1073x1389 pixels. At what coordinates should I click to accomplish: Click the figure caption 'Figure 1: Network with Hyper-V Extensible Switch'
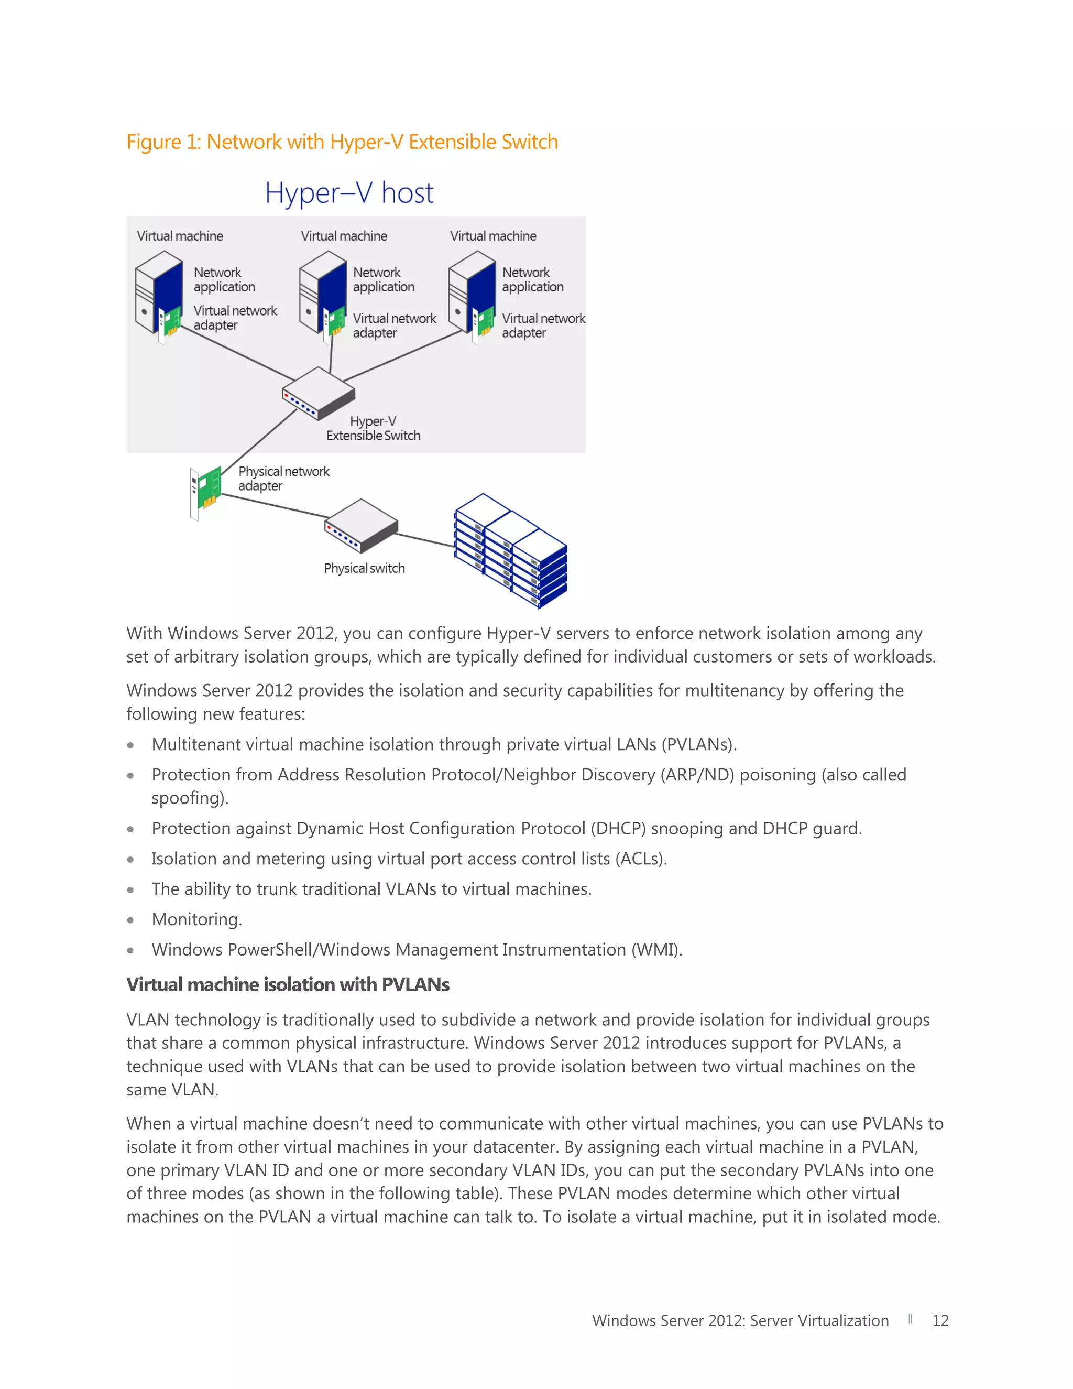(x=342, y=142)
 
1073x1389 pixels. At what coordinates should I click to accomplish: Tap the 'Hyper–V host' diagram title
(x=349, y=193)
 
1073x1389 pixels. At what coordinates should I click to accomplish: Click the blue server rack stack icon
(x=510, y=550)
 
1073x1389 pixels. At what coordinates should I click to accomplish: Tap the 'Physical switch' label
(x=364, y=569)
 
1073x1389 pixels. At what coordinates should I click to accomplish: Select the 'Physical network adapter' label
(x=283, y=478)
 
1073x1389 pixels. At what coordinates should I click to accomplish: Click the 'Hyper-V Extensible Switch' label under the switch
(x=373, y=429)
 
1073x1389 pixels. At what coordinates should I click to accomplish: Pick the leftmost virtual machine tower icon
(x=159, y=294)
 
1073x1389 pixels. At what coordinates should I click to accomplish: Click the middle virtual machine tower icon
(x=323, y=294)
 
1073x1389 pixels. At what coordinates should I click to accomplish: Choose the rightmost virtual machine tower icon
(x=472, y=294)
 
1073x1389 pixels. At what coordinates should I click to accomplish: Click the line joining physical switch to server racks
(x=424, y=539)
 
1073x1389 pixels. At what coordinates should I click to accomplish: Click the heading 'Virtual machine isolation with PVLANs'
(x=288, y=984)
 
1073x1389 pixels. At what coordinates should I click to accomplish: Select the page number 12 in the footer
(x=940, y=1320)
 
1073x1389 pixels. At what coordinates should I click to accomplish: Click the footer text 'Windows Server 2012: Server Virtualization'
(x=740, y=1320)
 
